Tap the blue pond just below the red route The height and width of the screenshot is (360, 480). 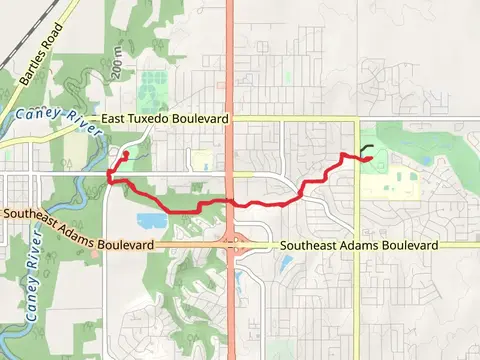[x=151, y=220]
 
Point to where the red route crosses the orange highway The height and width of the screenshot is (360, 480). [x=232, y=202]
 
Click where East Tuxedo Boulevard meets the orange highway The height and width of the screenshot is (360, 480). [x=231, y=118]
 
